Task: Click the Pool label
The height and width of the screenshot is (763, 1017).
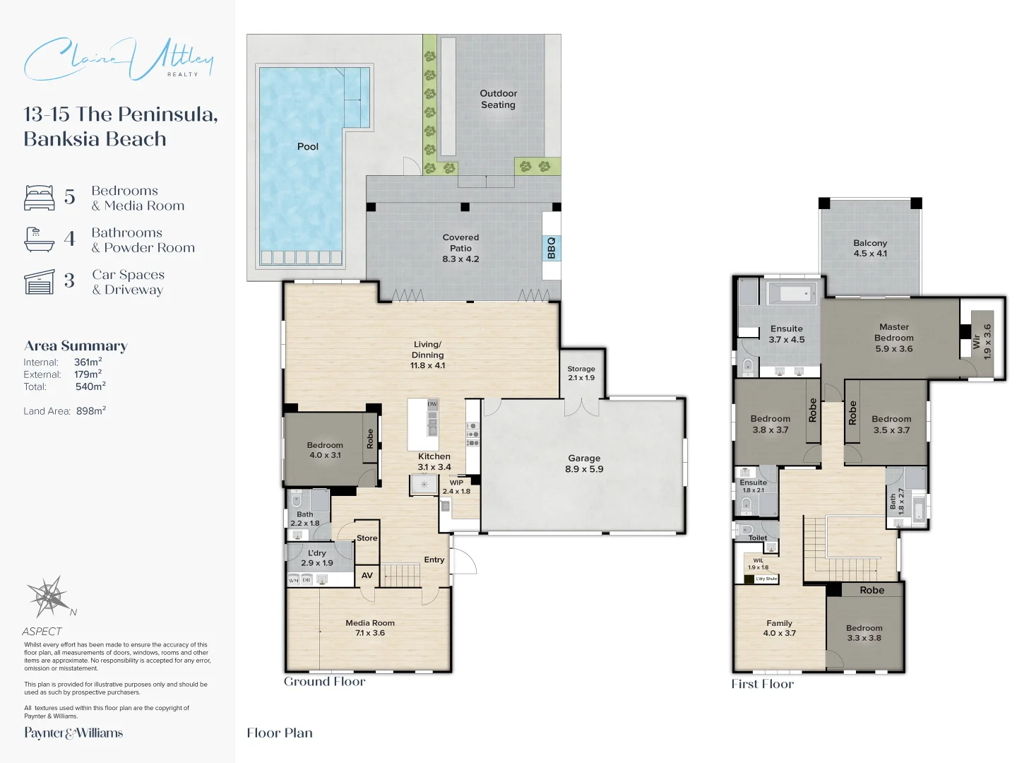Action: (x=307, y=146)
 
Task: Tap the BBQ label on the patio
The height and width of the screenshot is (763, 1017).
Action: (x=552, y=247)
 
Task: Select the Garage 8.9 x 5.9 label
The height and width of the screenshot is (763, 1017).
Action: (x=584, y=463)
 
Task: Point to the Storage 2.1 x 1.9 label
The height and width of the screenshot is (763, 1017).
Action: (x=581, y=373)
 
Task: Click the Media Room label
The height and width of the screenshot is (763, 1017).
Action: (x=370, y=627)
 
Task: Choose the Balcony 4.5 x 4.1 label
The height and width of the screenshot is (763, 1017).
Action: (x=870, y=248)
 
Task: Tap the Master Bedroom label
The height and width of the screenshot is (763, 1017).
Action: (x=894, y=338)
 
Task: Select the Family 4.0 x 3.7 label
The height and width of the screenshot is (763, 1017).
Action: (x=779, y=628)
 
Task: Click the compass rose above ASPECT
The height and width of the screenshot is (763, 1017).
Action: (x=49, y=597)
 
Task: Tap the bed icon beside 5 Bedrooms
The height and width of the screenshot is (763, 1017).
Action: (x=40, y=198)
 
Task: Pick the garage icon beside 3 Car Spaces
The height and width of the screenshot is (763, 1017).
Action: (x=40, y=282)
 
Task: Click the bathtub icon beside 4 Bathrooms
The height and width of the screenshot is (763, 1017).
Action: (x=40, y=239)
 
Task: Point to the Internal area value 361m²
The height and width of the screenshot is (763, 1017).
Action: (x=88, y=362)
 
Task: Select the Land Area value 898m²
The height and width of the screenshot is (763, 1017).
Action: (x=91, y=410)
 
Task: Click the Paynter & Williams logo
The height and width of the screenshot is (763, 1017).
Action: (x=73, y=733)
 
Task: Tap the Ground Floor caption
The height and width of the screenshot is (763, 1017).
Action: (x=325, y=682)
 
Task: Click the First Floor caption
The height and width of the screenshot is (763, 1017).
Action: (x=763, y=684)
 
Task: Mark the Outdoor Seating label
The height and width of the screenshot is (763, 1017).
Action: (x=499, y=99)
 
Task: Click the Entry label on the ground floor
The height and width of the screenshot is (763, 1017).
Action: (x=434, y=560)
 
